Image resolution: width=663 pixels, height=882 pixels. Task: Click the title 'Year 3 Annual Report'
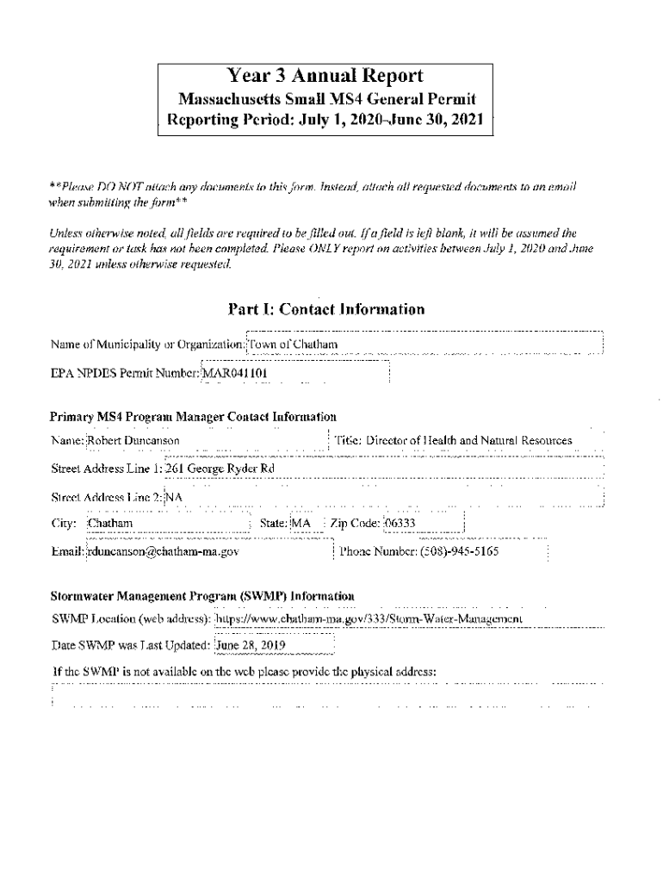pos(325,76)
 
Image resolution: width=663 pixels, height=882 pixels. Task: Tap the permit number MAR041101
pos(234,374)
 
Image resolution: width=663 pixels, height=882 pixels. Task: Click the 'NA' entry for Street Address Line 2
pos(174,497)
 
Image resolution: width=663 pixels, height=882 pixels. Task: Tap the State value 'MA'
pos(301,524)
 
